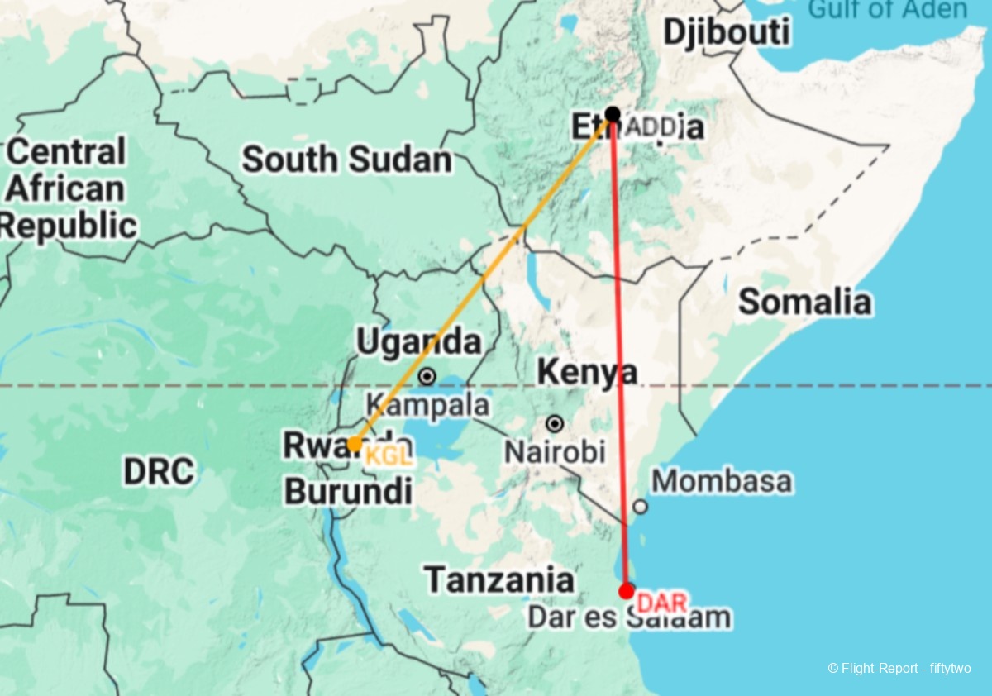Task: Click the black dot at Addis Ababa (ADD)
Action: [613, 114]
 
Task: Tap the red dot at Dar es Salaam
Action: [627, 591]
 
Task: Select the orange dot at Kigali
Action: [353, 445]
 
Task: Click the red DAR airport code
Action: [662, 603]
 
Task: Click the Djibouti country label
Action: [727, 33]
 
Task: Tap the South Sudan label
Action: [346, 160]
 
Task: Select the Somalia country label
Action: [804, 302]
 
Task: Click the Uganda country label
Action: [418, 341]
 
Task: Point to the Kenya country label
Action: [587, 373]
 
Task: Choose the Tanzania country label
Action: [499, 580]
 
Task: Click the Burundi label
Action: [348, 492]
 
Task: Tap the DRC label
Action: [159, 471]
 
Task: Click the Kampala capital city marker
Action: [427, 377]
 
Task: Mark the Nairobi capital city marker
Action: [555, 424]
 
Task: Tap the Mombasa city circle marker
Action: [640, 507]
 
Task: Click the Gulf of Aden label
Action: [886, 10]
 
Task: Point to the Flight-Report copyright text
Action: [899, 668]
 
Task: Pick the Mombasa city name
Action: [721, 481]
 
